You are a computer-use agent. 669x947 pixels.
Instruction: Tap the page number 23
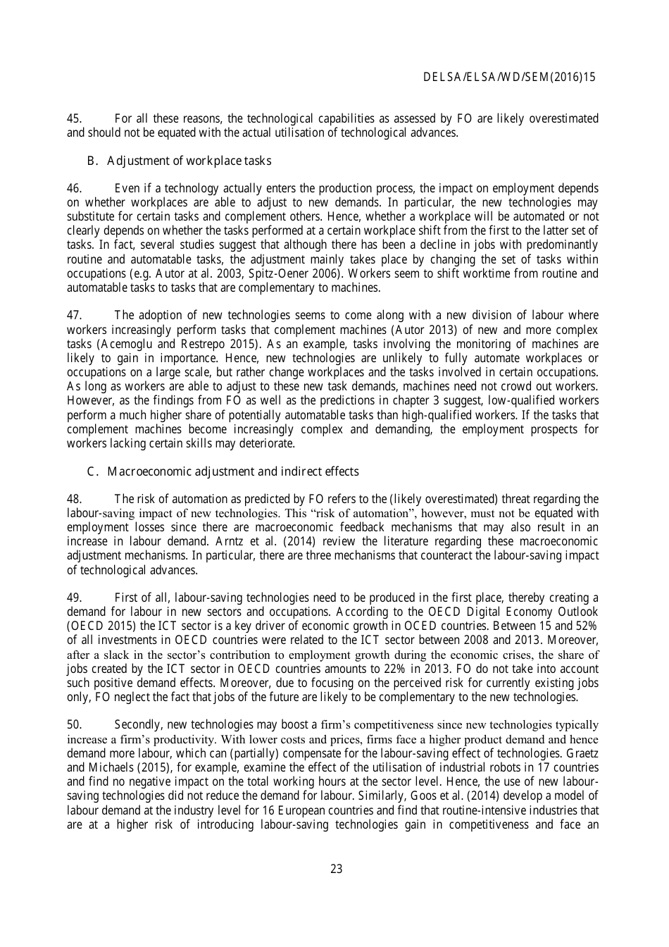(x=336, y=869)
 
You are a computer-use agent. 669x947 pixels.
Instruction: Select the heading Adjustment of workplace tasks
(x=189, y=161)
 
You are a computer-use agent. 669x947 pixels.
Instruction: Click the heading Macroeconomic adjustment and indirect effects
(x=232, y=471)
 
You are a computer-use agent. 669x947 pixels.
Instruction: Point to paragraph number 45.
(x=74, y=118)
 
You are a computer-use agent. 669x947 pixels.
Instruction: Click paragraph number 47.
(x=74, y=315)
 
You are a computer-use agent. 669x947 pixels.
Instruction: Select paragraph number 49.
(x=74, y=598)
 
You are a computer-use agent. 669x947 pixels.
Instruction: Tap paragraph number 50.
(x=74, y=724)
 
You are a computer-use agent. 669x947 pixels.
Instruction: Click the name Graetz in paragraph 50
(x=582, y=753)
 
